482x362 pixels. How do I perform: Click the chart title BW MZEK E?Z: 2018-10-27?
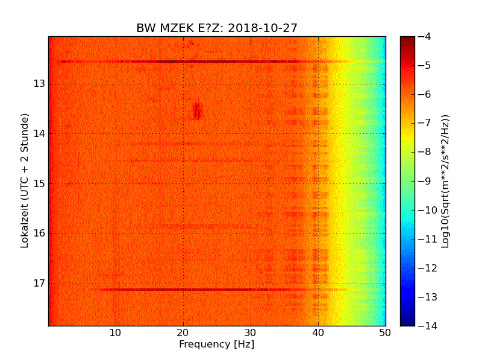(217, 28)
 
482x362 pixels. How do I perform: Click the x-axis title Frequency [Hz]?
(216, 345)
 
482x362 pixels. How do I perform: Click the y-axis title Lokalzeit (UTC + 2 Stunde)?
(25, 181)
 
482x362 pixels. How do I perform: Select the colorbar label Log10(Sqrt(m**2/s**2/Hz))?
(446, 181)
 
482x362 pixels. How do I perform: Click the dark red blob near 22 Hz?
(196, 110)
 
